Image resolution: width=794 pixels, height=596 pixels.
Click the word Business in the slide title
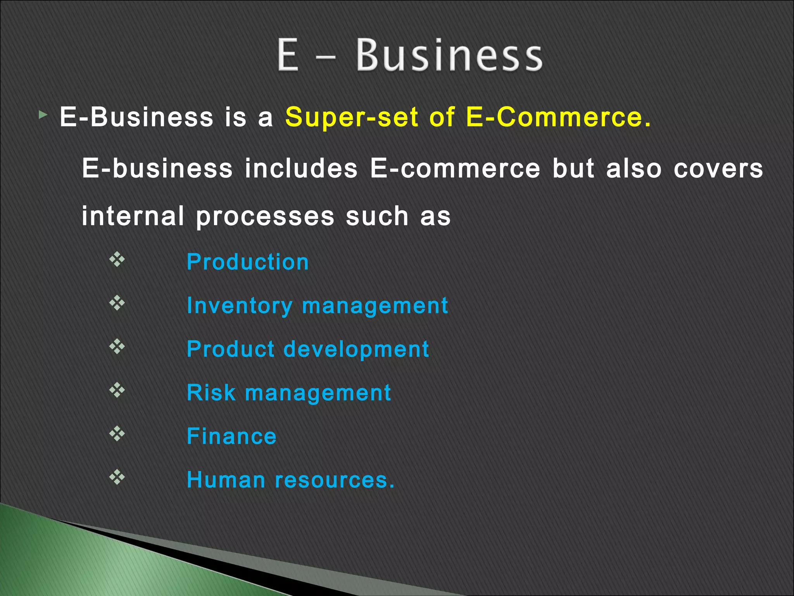(x=449, y=55)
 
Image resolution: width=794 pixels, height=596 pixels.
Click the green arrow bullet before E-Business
(x=43, y=115)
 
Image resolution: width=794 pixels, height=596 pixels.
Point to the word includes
(x=301, y=169)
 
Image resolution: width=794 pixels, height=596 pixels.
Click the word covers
(x=718, y=169)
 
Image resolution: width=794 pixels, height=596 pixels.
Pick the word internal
(x=133, y=216)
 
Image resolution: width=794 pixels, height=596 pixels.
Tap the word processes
(x=265, y=217)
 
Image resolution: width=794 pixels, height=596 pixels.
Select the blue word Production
(x=248, y=262)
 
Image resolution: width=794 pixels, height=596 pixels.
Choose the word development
(x=356, y=349)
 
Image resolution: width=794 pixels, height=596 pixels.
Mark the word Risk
(x=211, y=393)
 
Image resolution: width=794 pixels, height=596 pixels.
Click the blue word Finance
(x=231, y=436)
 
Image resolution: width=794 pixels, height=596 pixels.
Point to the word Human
(x=226, y=480)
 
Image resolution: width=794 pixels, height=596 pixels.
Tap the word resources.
(x=334, y=480)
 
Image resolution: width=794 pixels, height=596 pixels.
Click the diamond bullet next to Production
(x=117, y=259)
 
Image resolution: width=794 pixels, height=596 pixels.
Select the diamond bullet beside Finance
(x=117, y=433)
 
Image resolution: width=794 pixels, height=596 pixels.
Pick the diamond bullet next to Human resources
(x=117, y=477)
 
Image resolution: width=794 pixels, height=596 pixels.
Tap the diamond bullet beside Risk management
(x=117, y=390)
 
